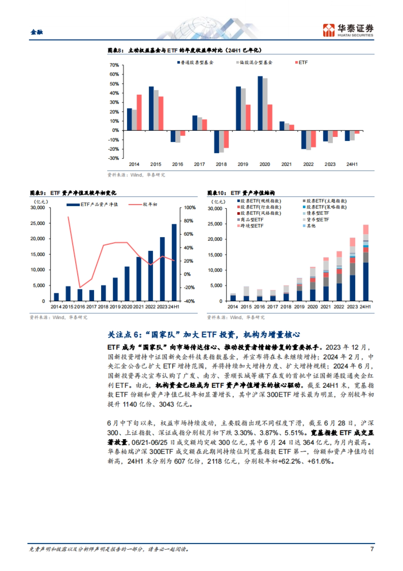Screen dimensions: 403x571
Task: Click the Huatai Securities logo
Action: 348,30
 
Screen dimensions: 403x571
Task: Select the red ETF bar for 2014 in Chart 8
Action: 139,112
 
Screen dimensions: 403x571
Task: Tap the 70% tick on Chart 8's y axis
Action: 114,65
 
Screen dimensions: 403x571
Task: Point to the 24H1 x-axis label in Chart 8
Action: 352,164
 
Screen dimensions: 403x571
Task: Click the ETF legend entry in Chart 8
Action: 301,63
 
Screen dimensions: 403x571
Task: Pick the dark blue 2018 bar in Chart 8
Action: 217,142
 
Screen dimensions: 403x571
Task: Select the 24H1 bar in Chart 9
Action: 174,262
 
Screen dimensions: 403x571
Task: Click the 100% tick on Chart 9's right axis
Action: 189,207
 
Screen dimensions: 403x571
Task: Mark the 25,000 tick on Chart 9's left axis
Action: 38,223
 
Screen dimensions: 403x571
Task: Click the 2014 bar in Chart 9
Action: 56,297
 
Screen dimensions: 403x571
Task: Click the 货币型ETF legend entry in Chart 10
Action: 317,220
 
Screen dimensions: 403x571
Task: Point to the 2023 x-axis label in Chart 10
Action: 352,307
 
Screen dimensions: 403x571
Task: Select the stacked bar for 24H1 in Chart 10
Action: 366,263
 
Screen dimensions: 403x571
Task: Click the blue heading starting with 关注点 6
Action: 204,335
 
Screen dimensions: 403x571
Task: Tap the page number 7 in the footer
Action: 372,549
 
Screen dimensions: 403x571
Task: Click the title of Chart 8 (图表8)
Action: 184,50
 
